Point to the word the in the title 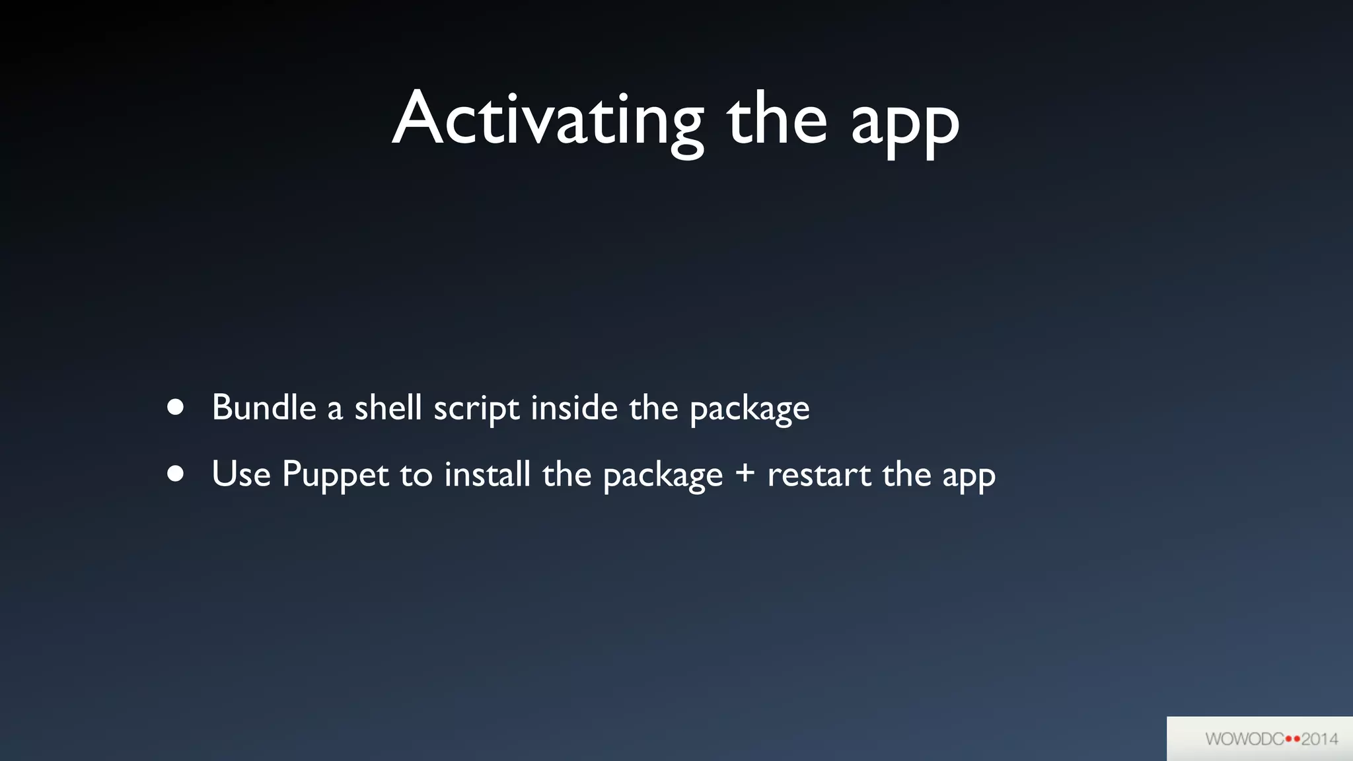click(777, 119)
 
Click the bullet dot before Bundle click(175, 407)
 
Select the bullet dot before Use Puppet click(175, 474)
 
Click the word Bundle click(264, 408)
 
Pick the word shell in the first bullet click(388, 408)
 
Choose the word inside click(574, 408)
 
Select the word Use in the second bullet click(241, 474)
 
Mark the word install click(487, 474)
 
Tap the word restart click(819, 474)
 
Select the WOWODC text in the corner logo click(1244, 739)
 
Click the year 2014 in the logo click(1319, 739)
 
